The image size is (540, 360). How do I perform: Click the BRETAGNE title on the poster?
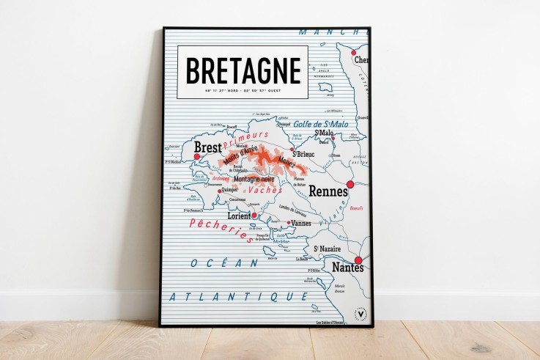(243, 70)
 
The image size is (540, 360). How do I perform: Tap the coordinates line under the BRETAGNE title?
(243, 91)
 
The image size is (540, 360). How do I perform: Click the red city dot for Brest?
(197, 156)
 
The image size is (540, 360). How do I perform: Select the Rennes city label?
(328, 191)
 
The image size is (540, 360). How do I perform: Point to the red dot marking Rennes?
(350, 185)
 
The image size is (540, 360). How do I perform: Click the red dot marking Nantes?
(358, 260)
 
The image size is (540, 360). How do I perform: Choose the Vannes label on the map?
(301, 223)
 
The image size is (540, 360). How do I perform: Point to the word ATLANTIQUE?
(238, 296)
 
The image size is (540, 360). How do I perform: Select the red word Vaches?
(265, 189)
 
